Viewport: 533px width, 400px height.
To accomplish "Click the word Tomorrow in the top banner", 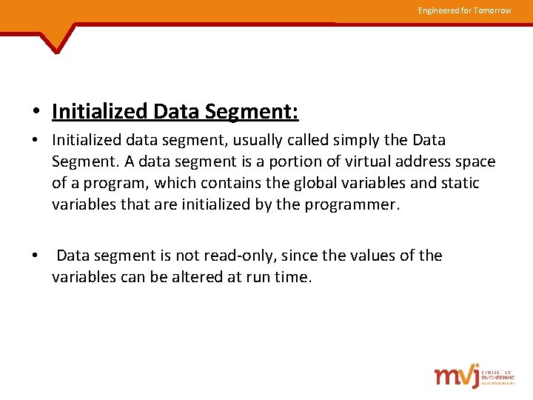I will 492,10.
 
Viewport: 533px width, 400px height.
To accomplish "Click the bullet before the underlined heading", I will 36,113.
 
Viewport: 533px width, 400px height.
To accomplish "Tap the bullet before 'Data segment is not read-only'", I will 36,256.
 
